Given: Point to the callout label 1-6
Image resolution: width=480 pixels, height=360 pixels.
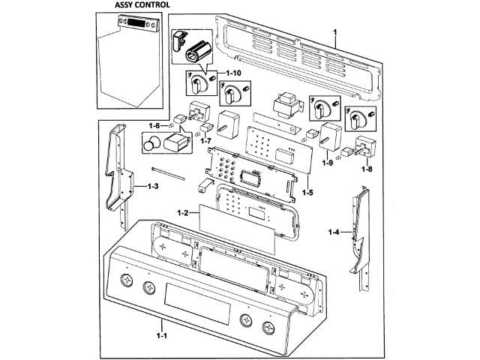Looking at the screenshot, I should coord(154,125).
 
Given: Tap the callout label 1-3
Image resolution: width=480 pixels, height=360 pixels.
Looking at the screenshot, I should coord(152,184).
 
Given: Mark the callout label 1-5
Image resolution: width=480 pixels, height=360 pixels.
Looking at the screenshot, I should coord(307,193).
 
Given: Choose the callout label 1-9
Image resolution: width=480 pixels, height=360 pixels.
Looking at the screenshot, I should coord(328,162).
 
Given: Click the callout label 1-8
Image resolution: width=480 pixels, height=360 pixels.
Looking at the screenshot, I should coord(367,169).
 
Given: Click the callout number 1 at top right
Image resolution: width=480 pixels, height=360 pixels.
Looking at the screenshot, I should coord(335,30).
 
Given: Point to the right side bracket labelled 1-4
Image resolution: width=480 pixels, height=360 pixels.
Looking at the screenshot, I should coord(358,232).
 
